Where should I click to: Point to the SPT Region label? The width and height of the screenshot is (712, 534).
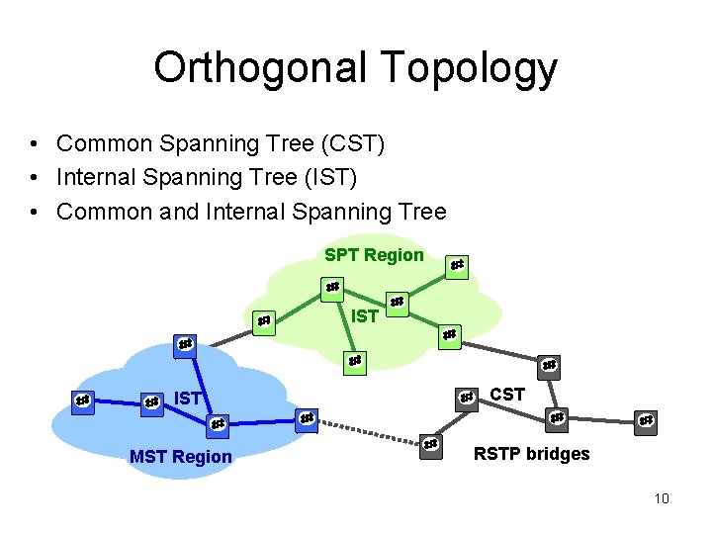click(374, 255)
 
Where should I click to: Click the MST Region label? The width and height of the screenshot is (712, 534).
click(181, 456)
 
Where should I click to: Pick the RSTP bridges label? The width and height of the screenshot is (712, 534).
click(531, 454)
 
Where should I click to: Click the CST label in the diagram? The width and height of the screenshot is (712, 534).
click(507, 395)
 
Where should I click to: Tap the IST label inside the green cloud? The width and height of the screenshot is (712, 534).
click(365, 316)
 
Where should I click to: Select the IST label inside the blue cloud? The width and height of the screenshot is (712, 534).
click(189, 399)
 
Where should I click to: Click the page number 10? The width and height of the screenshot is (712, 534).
click(662, 497)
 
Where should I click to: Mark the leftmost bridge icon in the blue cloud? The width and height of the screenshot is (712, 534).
click(83, 400)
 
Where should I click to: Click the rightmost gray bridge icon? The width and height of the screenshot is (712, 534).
click(646, 420)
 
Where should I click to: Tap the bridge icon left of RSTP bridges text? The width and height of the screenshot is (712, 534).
click(431, 444)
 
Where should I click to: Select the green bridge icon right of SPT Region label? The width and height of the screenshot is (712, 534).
click(456, 265)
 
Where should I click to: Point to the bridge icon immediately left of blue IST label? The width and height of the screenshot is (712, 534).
click(151, 402)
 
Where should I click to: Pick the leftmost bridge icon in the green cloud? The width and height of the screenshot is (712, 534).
click(263, 321)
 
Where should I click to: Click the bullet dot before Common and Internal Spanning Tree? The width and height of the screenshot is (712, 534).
click(35, 212)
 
